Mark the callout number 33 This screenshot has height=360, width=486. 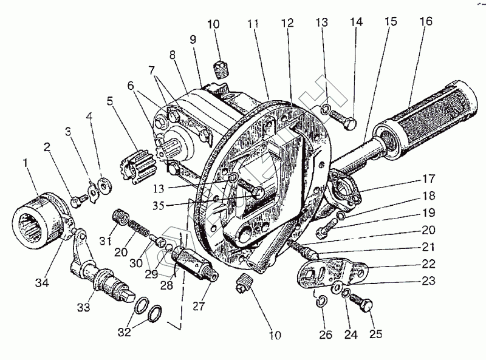(83, 308)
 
